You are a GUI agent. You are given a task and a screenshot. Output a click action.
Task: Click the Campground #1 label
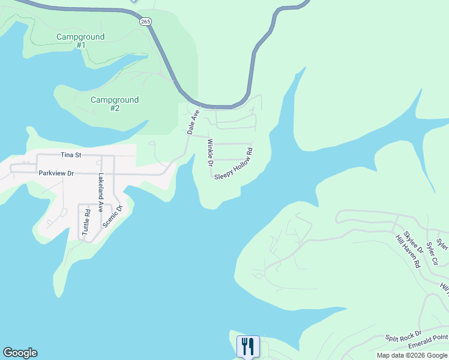(x=80, y=41)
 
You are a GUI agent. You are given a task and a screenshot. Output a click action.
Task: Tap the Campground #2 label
(x=115, y=104)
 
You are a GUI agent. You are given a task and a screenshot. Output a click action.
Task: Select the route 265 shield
(x=146, y=21)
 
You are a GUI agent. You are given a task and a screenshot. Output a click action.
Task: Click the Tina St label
(x=70, y=154)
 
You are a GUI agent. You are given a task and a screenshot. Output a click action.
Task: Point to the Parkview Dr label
(x=56, y=173)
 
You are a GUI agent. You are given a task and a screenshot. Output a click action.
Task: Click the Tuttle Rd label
(x=87, y=221)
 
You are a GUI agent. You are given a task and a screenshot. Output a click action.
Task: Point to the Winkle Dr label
(x=210, y=153)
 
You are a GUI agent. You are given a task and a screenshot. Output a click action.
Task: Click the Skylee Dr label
(x=414, y=242)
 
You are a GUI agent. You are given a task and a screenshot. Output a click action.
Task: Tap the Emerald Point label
(x=429, y=341)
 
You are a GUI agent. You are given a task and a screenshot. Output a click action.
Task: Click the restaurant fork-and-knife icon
(x=248, y=346)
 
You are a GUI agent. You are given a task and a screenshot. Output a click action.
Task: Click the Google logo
(x=20, y=353)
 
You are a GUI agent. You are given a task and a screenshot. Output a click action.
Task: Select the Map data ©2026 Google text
(x=412, y=355)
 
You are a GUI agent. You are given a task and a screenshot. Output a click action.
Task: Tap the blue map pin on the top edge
(x=133, y=1)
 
